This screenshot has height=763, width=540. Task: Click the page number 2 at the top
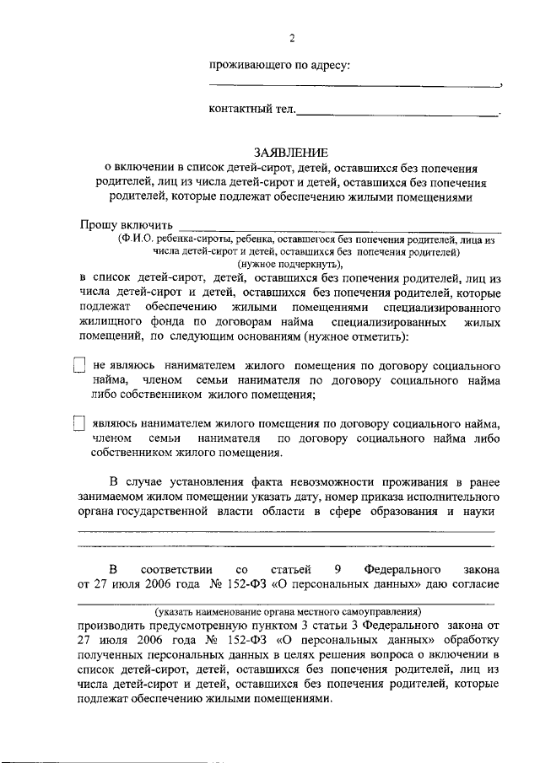pos(292,38)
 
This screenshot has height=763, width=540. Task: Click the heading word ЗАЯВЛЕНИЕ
pos(291,152)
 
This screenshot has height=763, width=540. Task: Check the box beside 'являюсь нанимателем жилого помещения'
pos(79,423)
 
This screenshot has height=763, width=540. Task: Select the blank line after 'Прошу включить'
pos(341,229)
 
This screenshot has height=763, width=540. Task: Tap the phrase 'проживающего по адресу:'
pos(280,65)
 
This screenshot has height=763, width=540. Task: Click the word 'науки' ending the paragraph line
pos(478,511)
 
